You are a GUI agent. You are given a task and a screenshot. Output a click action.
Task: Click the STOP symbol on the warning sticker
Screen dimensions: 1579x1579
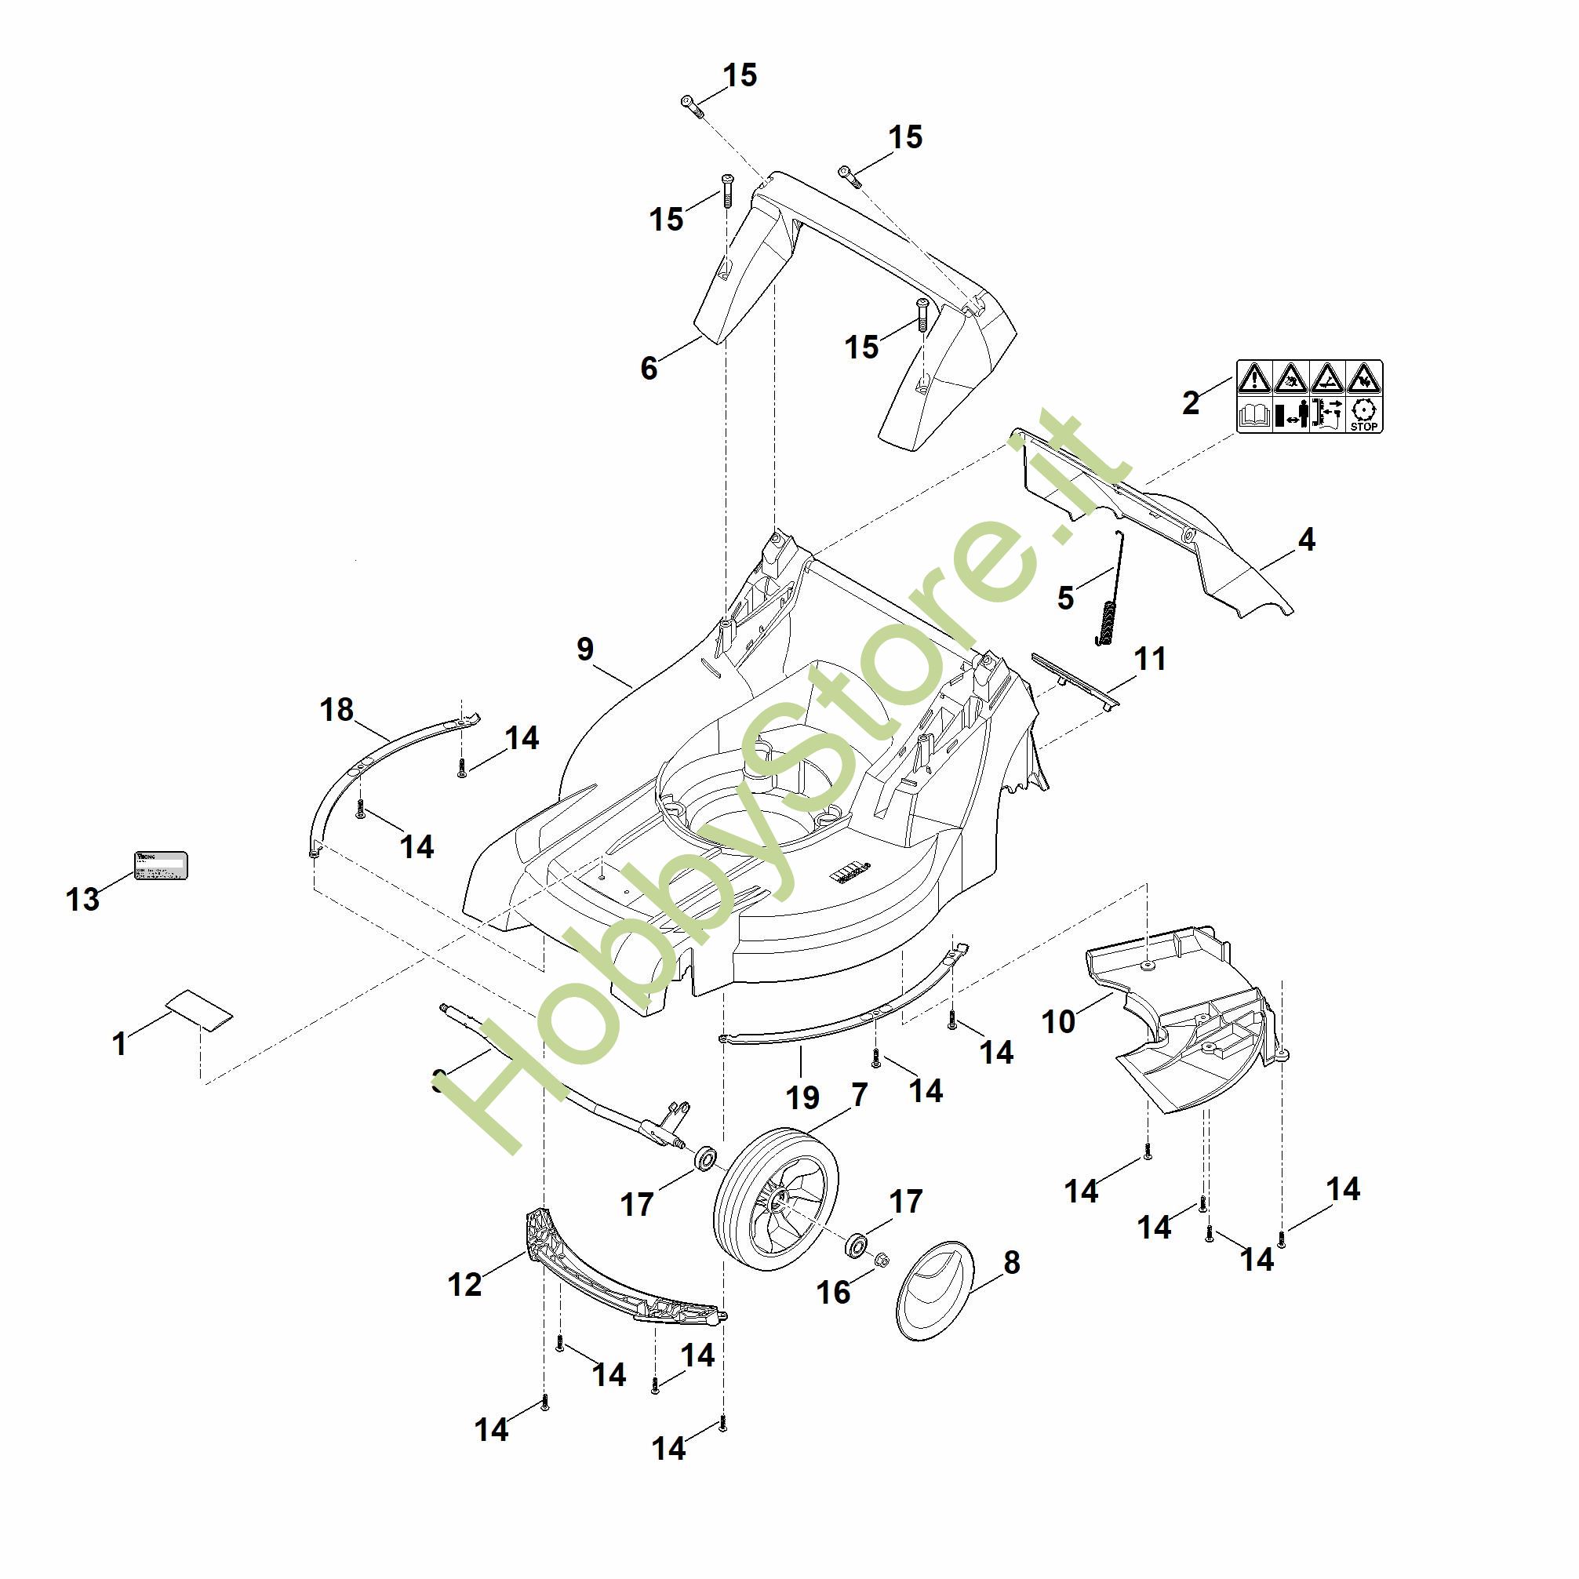point(1363,414)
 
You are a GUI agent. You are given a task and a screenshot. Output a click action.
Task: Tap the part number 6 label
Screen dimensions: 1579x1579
point(648,369)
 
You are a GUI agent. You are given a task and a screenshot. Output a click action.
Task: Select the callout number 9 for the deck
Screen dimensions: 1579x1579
point(585,649)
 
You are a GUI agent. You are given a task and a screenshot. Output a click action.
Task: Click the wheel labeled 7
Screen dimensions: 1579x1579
point(776,1198)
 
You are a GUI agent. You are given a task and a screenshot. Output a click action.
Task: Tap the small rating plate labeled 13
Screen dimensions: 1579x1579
point(161,864)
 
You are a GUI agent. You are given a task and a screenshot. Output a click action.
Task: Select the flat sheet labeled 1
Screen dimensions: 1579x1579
point(199,1012)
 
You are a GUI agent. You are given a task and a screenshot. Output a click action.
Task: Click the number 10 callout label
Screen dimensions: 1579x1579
point(1059,1021)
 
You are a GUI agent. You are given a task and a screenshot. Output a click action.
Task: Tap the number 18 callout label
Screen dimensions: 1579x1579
point(337,709)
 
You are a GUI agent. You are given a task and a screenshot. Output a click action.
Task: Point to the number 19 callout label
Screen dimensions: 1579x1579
point(802,1097)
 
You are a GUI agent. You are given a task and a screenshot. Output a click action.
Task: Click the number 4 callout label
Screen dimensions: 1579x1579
point(1306,540)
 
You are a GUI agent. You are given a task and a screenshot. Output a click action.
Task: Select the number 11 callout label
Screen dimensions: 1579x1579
point(1151,659)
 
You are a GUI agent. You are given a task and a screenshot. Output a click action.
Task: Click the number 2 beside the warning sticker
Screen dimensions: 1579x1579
point(1191,402)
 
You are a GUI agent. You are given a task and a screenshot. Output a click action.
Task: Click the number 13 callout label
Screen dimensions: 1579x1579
point(82,899)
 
